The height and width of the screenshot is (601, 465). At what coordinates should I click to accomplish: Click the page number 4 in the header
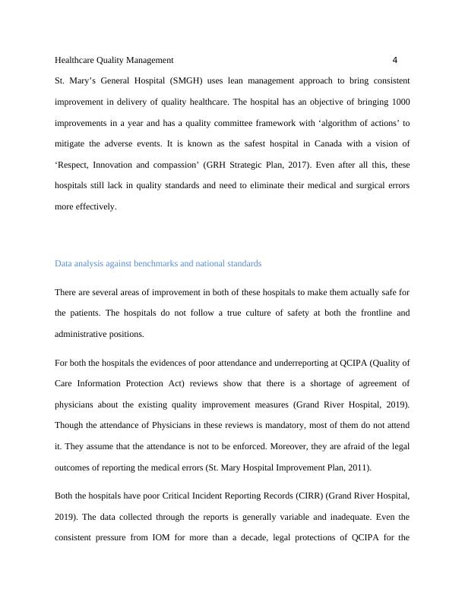tap(395, 59)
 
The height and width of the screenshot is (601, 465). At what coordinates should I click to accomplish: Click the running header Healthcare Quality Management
tap(115, 59)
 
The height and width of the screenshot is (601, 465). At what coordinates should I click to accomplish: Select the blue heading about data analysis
tap(158, 263)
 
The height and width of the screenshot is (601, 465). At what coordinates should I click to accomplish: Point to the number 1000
tap(400, 101)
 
